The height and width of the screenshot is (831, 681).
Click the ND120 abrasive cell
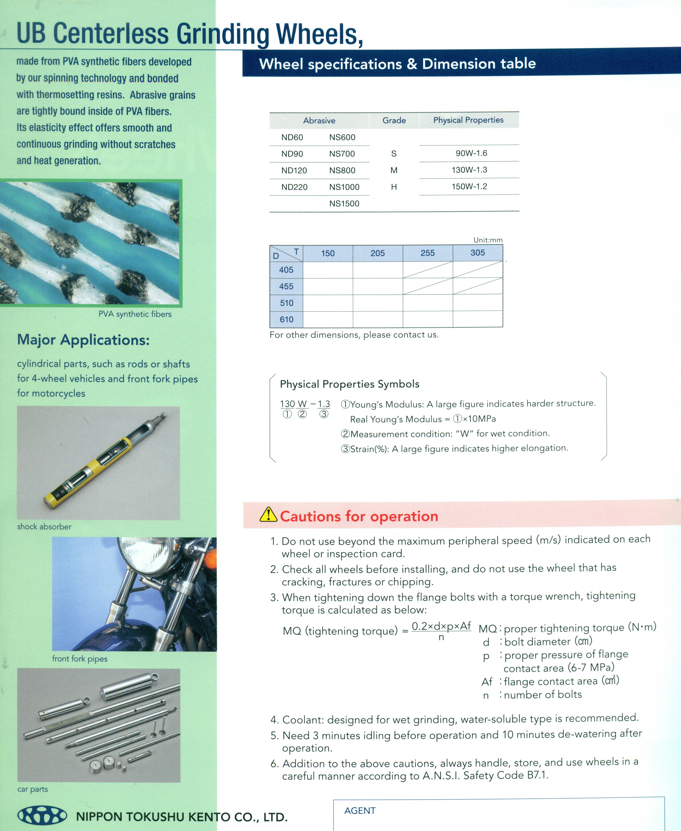pos(294,170)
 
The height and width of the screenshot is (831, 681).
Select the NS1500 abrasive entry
pos(344,203)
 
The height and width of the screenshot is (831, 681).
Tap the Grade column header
pos(394,121)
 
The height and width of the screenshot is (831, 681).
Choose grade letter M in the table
pos(394,170)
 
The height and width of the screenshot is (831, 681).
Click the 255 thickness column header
pos(428,253)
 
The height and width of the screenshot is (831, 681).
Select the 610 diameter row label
pos(286,319)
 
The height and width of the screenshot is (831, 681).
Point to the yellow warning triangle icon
pos(268,514)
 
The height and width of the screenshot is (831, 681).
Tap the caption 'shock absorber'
pos(44,527)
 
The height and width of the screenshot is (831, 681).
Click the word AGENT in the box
pos(360,811)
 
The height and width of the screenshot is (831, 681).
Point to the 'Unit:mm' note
pos(488,240)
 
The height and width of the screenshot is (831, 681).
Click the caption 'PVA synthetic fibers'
pos(135,314)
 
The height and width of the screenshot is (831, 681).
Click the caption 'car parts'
pos(32,789)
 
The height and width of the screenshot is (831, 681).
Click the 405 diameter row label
pos(286,270)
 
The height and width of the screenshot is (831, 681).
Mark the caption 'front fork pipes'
pos(80,659)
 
